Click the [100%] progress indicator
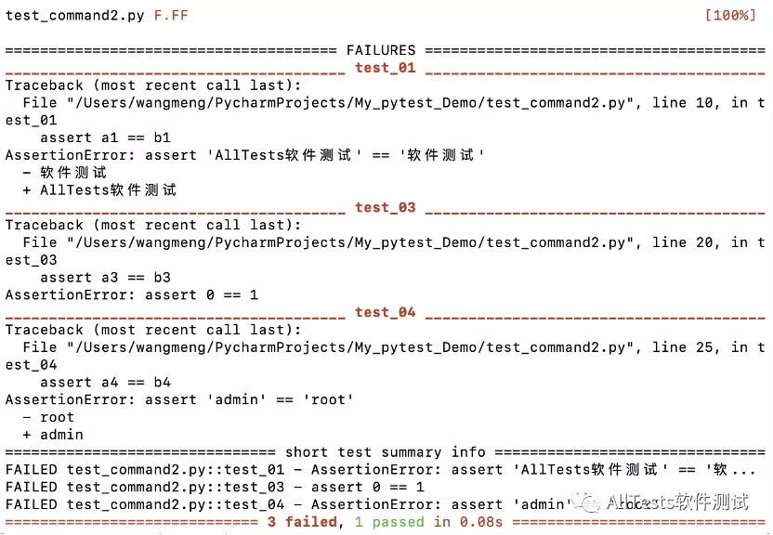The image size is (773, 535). click(733, 16)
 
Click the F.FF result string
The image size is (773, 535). click(171, 16)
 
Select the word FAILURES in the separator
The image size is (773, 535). click(381, 50)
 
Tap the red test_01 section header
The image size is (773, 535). click(385, 68)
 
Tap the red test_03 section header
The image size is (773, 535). click(385, 207)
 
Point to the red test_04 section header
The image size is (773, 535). click(385, 312)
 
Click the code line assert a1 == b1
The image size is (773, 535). click(105, 137)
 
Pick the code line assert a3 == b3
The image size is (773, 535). click(105, 278)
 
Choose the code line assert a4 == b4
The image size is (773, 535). click(105, 382)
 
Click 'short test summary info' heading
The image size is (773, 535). click(385, 452)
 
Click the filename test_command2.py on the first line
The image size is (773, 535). click(74, 16)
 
